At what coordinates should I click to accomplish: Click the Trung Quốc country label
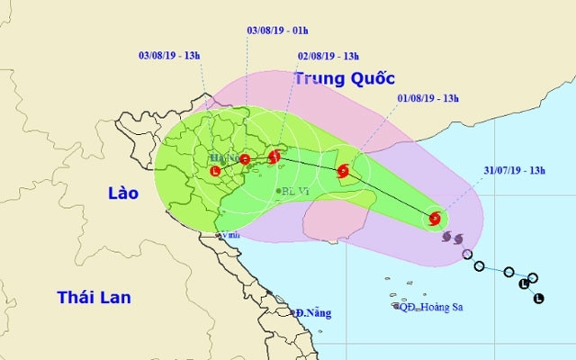[337, 79]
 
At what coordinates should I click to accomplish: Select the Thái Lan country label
[94, 297]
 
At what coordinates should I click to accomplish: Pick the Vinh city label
[231, 236]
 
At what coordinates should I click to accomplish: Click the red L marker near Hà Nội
[215, 171]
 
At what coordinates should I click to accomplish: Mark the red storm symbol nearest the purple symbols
[436, 218]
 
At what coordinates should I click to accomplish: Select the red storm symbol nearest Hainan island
[343, 171]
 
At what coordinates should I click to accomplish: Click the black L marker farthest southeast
[538, 298]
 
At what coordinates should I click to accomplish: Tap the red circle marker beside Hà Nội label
[245, 159]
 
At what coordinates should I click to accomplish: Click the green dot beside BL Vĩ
[278, 191]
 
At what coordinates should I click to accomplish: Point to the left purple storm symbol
[448, 237]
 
